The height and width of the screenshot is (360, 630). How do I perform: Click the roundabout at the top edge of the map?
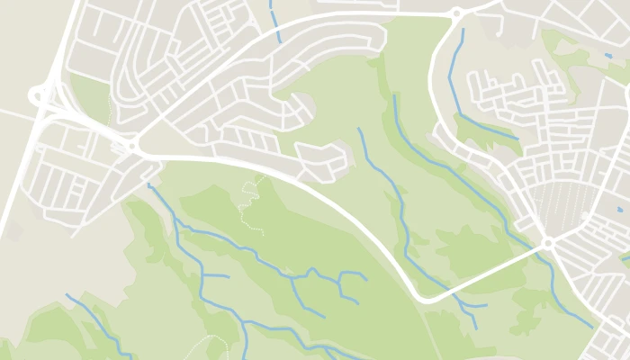pyautogui.click(x=456, y=13)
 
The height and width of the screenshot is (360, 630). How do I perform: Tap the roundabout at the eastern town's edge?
pyautogui.click(x=547, y=243)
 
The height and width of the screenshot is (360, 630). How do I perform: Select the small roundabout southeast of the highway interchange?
pyautogui.click(x=133, y=145)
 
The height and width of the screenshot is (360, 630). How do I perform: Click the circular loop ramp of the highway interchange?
pyautogui.click(x=39, y=93)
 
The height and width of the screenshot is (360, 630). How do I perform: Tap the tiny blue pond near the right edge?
pyautogui.click(x=619, y=210)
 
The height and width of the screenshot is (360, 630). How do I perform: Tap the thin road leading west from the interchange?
pyautogui.click(x=13, y=113)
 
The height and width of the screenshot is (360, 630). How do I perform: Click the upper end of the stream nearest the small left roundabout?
pyautogui.click(x=149, y=185)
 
